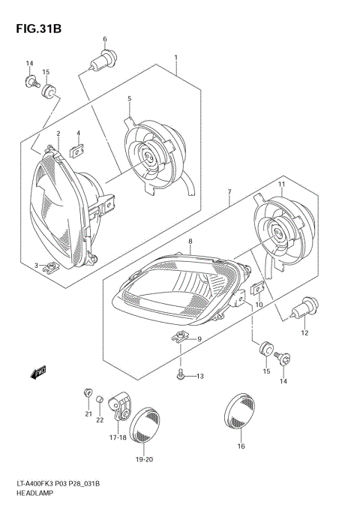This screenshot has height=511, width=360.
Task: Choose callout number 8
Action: tap(190, 242)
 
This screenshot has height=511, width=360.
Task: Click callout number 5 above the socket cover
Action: tap(129, 98)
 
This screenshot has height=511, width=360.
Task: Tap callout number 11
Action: tap(281, 184)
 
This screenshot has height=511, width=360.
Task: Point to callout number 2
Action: tap(58, 134)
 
